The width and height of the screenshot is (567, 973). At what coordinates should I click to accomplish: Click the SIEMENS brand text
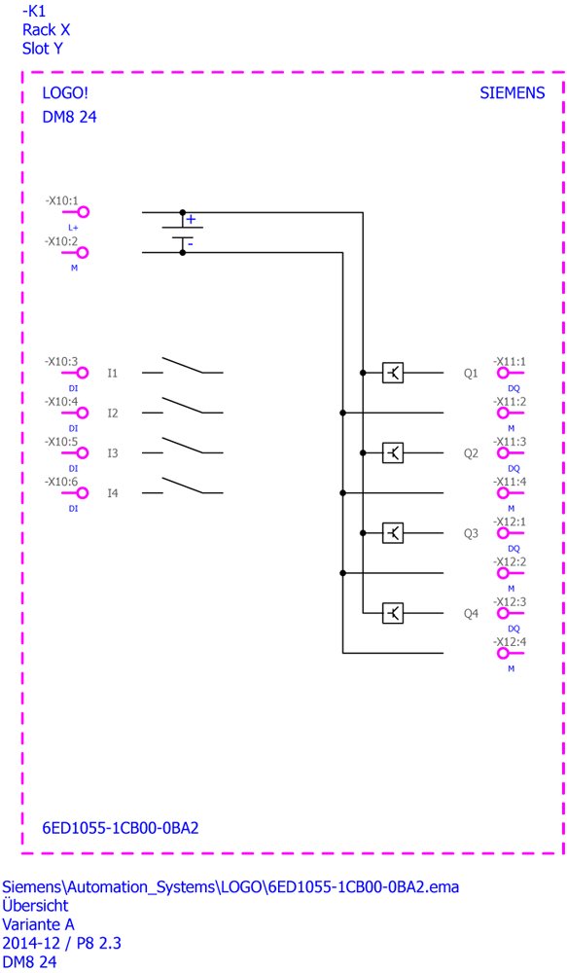tap(512, 93)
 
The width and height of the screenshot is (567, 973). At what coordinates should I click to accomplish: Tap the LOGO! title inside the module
tap(65, 93)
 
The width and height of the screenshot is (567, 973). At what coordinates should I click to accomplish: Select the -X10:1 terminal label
tap(61, 201)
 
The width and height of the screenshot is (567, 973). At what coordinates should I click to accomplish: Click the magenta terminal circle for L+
tap(83, 212)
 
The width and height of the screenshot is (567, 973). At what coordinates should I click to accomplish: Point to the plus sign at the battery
tap(191, 219)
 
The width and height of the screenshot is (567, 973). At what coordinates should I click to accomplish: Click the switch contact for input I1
tap(183, 366)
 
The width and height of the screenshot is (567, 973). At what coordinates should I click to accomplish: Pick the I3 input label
tap(112, 453)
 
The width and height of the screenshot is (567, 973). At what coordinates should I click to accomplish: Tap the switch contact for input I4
tap(183, 486)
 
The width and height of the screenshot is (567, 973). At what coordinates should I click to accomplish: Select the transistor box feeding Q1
tap(393, 373)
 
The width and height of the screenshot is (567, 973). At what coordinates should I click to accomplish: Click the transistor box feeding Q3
tap(393, 533)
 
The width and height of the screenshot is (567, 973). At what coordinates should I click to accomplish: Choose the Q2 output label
tap(471, 453)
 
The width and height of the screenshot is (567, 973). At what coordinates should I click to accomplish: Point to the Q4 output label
tap(471, 614)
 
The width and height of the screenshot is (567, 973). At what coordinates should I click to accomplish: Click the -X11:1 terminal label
tap(510, 361)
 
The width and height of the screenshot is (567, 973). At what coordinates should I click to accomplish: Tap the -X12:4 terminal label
tap(510, 641)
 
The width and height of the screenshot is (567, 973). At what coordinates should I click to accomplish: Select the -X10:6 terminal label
tap(61, 482)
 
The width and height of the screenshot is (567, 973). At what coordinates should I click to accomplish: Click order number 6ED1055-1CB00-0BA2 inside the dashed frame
tap(121, 828)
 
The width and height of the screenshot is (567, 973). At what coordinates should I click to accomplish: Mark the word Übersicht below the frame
tap(35, 905)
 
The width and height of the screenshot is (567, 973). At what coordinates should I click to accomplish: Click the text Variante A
tap(39, 924)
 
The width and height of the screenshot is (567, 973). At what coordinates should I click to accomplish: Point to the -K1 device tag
tap(33, 11)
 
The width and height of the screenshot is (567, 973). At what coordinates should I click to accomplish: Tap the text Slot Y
tap(43, 49)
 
